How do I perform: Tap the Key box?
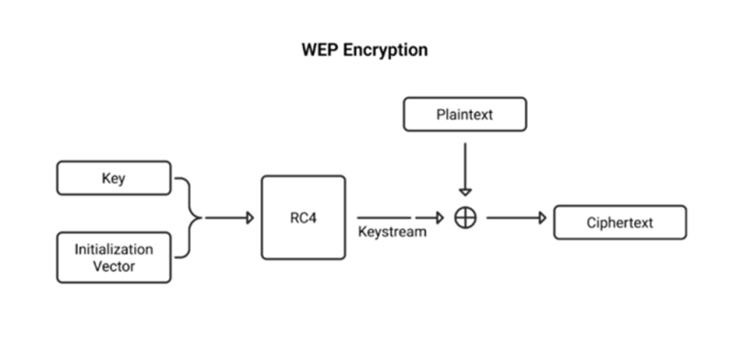pos(114,178)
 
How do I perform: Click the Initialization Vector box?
pos(114,256)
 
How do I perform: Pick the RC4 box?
pos(303,218)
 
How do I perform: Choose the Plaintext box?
pos(464,114)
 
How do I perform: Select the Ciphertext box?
pos(619,222)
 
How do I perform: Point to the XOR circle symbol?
pos(465,218)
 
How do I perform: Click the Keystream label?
pos(392,232)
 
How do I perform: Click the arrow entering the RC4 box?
pos(229,218)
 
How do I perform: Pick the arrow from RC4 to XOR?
pos(399,218)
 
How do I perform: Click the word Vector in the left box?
pos(114,266)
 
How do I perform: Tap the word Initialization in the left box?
pos(114,249)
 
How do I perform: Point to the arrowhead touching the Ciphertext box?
pos(543,218)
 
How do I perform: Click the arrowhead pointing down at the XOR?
pos(465,192)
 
